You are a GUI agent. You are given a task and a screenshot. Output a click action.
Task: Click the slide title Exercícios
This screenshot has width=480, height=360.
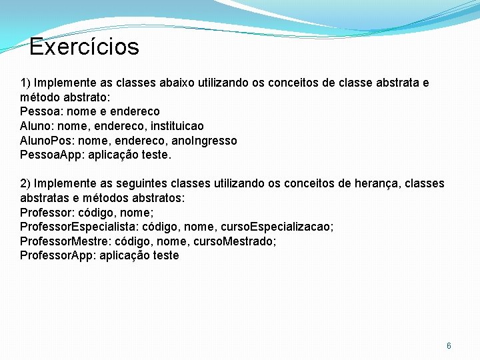tap(84, 47)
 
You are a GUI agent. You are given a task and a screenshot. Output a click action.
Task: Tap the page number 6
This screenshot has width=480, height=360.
tap(449, 345)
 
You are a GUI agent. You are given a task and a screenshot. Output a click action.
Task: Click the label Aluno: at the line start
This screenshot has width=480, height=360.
tap(37, 126)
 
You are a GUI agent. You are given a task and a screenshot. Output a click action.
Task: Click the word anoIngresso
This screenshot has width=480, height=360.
tap(205, 141)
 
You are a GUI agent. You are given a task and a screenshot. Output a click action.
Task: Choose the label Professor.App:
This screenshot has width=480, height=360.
tap(58, 255)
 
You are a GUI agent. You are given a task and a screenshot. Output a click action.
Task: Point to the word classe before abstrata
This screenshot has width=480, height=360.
tap(359, 83)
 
